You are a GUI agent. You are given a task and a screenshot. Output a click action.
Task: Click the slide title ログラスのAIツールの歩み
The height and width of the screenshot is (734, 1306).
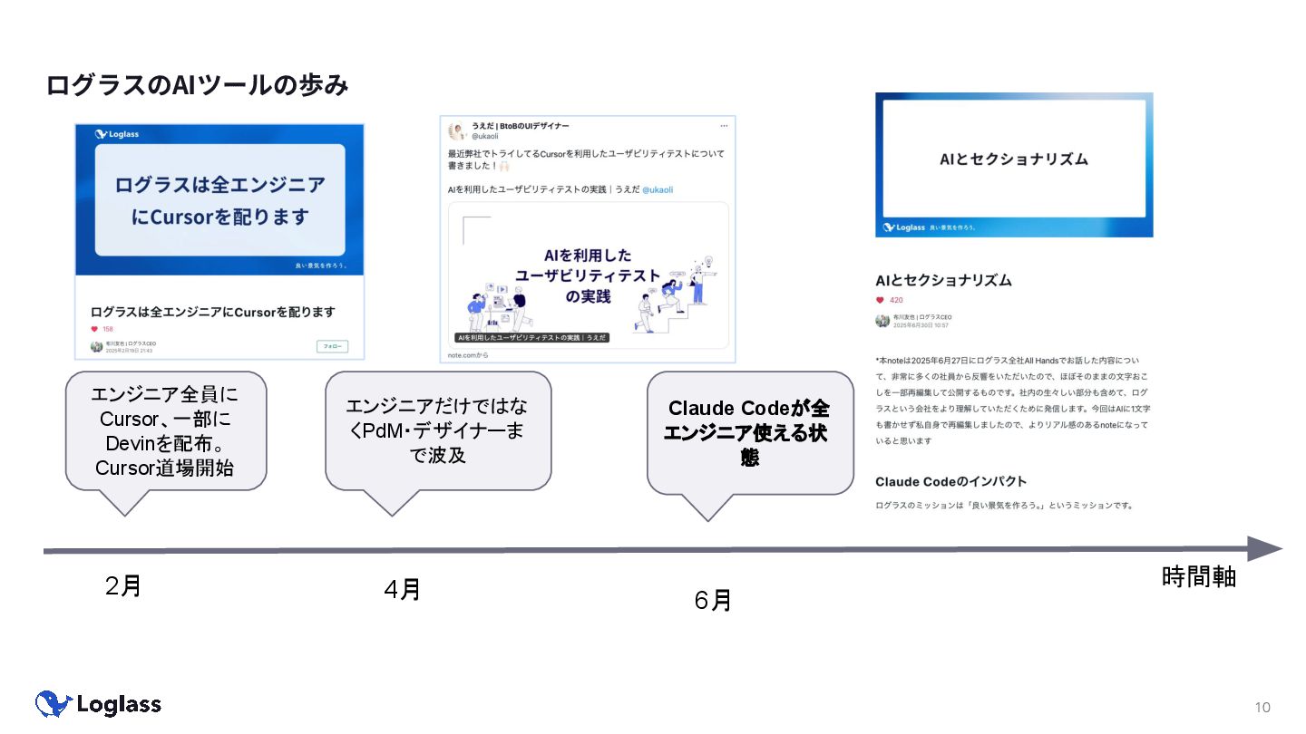197,85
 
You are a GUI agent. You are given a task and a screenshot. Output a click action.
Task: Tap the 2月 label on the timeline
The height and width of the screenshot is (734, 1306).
123,586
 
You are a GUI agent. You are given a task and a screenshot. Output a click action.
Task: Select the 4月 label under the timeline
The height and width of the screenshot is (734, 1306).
402,590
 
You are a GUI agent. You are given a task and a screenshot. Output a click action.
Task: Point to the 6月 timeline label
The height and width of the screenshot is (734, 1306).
713,600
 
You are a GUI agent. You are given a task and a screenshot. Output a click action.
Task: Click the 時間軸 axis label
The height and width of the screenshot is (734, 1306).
1198,577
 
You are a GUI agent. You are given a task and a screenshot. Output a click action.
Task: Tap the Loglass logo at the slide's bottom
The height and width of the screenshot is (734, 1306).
98,704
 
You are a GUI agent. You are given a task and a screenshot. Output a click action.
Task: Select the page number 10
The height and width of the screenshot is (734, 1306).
1262,707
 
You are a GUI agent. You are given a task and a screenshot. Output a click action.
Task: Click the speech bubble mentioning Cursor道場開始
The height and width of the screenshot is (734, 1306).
166,431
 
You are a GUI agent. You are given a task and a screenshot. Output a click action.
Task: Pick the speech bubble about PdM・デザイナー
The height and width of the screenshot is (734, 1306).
438,431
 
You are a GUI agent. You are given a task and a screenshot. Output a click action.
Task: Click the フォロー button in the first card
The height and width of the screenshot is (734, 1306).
332,346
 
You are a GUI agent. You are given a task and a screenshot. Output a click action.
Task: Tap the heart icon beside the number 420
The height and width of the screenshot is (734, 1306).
880,300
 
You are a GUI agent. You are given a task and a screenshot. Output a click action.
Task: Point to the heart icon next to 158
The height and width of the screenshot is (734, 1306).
94,329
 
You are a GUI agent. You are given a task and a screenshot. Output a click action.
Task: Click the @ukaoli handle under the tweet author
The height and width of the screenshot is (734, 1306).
485,136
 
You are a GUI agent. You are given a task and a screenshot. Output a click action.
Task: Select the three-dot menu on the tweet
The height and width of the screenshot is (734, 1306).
724,125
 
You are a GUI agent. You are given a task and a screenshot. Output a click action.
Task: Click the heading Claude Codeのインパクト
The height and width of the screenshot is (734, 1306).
950,481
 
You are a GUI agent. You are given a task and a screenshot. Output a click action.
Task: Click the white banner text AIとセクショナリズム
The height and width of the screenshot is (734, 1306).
1013,159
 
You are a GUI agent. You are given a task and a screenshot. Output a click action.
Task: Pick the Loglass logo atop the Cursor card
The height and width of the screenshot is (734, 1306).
117,134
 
